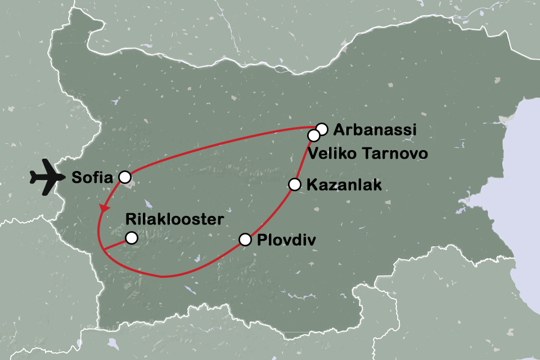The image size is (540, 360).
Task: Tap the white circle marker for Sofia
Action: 125,177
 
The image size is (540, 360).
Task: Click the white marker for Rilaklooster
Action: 131,238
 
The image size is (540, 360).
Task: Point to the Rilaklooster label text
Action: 175,219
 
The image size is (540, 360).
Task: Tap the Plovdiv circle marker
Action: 245,240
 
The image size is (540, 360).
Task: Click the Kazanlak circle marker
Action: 294,184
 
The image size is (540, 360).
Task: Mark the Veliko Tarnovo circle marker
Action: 313,136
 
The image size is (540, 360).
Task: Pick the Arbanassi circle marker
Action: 322,129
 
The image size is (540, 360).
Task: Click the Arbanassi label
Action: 375,130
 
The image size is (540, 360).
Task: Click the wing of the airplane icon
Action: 46,169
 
